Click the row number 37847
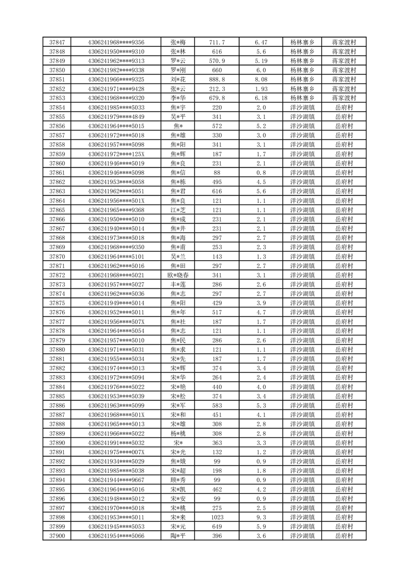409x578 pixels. (x=57, y=42)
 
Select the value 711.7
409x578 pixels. (x=217, y=42)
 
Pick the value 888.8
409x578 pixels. (x=217, y=79)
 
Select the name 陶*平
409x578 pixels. (x=178, y=536)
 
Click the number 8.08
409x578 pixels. (x=261, y=79)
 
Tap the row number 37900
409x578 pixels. (x=57, y=536)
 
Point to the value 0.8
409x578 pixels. (x=261, y=173)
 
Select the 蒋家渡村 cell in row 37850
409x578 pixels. (x=344, y=70)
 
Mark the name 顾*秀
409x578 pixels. (x=178, y=480)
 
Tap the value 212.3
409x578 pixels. (x=217, y=89)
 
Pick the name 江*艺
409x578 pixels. (x=178, y=210)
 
